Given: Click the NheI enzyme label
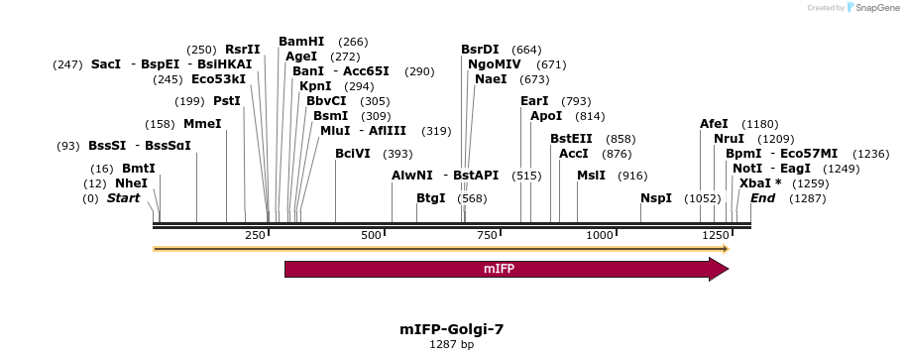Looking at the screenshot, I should [x=131, y=183].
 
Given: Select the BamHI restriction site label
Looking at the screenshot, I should [x=301, y=42].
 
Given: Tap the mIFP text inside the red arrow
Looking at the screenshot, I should [x=499, y=269].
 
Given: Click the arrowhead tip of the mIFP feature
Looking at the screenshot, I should [x=728, y=269].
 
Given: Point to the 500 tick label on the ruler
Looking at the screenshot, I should [x=372, y=235].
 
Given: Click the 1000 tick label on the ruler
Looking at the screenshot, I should [x=600, y=235].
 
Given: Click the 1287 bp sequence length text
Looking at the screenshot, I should [x=452, y=345].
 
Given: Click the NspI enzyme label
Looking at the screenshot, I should [x=656, y=198].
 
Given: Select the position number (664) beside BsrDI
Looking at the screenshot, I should [x=526, y=50].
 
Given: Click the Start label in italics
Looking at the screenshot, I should [x=124, y=198].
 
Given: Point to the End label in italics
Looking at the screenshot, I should [x=763, y=198].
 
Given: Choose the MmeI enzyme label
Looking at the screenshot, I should [x=202, y=124].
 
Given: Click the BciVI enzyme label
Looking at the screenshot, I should [x=353, y=154].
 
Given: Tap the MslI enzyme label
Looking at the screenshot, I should [x=593, y=175].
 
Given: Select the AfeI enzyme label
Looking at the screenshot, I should [x=714, y=124].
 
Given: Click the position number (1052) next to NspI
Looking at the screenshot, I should [x=703, y=198].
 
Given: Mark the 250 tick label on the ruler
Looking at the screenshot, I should [x=255, y=235].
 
